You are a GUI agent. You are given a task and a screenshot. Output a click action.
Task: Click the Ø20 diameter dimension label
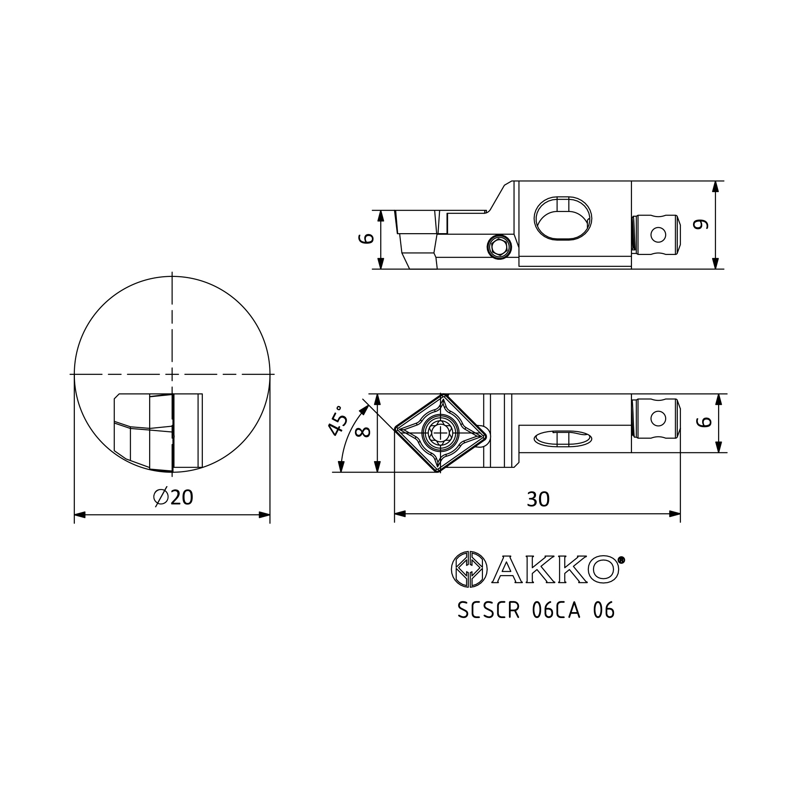click(173, 497)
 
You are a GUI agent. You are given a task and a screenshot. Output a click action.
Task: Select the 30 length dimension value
click(538, 500)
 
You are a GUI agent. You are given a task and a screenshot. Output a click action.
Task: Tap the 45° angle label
click(338, 420)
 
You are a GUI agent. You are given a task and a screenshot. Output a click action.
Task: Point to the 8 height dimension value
click(363, 432)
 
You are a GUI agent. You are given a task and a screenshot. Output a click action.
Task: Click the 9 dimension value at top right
click(701, 224)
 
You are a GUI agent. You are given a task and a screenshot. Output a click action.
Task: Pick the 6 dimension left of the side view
click(366, 238)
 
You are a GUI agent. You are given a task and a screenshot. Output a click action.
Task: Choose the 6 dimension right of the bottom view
click(704, 422)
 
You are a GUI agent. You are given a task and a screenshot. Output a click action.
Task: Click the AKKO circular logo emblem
click(469, 570)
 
